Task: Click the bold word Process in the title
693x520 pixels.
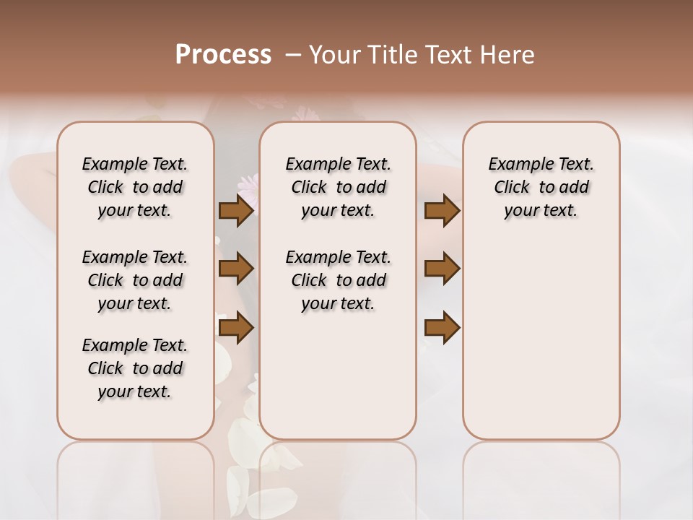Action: click(x=223, y=55)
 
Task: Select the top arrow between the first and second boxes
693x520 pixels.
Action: click(x=236, y=210)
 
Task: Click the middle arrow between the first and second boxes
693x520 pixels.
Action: click(x=236, y=269)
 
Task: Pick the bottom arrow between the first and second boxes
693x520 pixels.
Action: click(x=236, y=328)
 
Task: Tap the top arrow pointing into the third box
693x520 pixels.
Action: click(x=442, y=210)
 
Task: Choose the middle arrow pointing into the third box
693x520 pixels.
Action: click(x=442, y=269)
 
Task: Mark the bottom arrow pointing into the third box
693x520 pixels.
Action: click(x=442, y=328)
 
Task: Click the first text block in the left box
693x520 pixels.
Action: click(x=135, y=187)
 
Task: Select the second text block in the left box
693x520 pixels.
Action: click(x=135, y=280)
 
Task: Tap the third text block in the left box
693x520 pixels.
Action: click(x=135, y=368)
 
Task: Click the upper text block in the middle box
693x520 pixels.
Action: click(x=338, y=187)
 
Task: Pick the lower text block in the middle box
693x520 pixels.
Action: click(x=338, y=280)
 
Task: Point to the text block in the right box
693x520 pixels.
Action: click(x=541, y=187)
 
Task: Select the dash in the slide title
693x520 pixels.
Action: click(x=293, y=56)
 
